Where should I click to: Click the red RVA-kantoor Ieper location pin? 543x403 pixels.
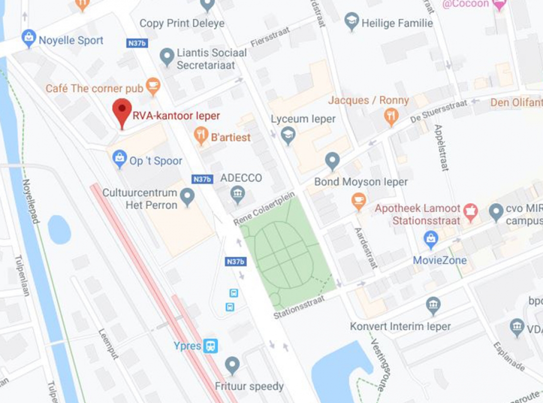(122, 112)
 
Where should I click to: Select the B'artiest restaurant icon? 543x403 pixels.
(201, 136)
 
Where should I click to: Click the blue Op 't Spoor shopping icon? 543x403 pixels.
(119, 159)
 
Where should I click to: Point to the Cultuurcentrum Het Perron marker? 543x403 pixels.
(187, 197)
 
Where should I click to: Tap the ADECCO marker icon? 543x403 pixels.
(237, 195)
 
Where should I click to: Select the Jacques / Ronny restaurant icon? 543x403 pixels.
(391, 116)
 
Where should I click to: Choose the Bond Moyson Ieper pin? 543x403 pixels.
(332, 161)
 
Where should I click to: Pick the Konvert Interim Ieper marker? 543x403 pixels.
(433, 305)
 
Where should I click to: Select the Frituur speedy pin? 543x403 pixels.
(233, 365)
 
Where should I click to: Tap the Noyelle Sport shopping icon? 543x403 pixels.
(29, 38)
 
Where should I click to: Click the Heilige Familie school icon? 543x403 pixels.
(351, 21)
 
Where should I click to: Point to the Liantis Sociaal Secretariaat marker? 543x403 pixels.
(167, 57)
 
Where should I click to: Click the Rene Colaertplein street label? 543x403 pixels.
(264, 208)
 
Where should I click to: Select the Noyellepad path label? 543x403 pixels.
(30, 201)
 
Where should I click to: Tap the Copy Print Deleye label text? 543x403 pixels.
(182, 23)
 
